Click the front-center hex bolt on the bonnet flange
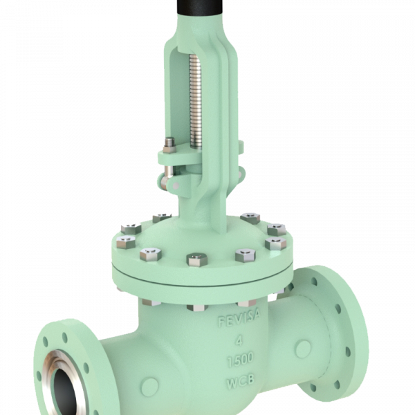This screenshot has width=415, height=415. coord(194,260)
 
